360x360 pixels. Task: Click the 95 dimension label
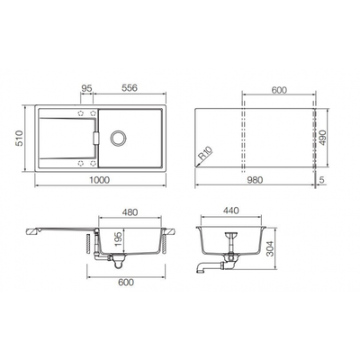86,88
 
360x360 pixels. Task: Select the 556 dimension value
130,88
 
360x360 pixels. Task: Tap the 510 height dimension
20,138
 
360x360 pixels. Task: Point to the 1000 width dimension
100,180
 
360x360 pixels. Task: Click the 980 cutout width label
255,180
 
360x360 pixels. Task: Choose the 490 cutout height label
322,138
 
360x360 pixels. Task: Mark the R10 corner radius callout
206,153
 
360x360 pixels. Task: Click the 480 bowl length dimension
130,212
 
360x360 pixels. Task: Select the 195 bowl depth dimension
118,238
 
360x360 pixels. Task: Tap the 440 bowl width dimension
230,211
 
